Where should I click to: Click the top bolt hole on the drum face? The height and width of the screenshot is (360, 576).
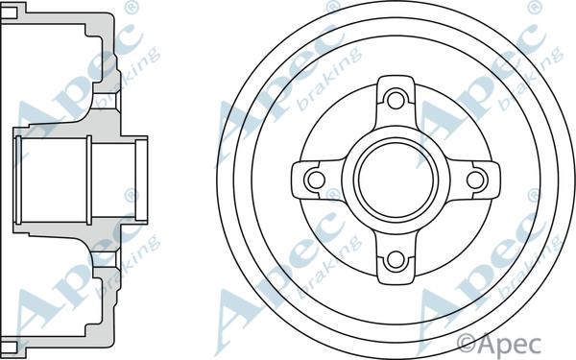point(396,99)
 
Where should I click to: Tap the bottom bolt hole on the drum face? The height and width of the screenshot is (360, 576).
point(396,260)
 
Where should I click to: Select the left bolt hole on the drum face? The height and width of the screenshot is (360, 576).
point(315,180)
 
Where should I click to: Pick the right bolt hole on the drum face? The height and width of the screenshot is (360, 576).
point(476,180)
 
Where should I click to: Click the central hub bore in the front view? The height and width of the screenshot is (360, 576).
point(396,180)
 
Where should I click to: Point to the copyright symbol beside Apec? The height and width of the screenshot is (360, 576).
point(468,344)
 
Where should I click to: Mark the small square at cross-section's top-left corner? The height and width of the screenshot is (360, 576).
point(9,12)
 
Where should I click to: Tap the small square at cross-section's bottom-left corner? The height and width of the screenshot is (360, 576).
point(9,348)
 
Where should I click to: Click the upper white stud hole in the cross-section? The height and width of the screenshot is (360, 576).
point(107,100)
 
